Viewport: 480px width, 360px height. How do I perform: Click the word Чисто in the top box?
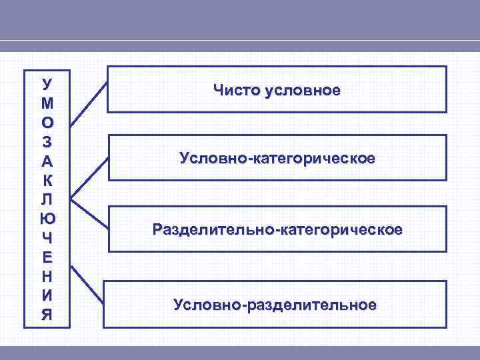(x=236, y=89)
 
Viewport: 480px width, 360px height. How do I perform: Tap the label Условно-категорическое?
(x=277, y=159)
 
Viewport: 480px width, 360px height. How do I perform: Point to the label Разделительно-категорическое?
(x=277, y=230)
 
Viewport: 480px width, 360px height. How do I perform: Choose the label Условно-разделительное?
(x=275, y=305)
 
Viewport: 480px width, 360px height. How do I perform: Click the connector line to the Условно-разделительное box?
(x=89, y=289)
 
